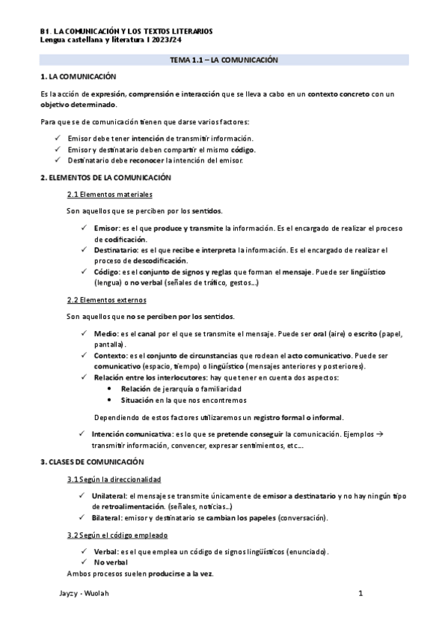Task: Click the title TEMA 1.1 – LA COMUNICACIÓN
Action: tap(224, 59)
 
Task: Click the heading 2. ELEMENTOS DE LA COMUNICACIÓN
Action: tap(105, 177)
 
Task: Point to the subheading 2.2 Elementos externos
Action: tap(106, 300)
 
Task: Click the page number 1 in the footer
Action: tap(360, 594)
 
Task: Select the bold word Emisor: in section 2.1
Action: tap(109, 228)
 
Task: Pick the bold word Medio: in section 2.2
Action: tap(108, 333)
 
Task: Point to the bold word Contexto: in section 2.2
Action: tap(112, 356)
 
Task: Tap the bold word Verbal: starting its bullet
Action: tap(105, 552)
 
